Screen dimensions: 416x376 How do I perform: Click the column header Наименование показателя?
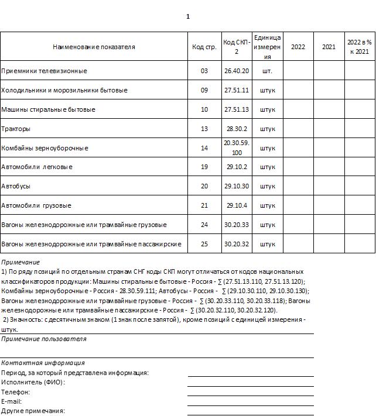pyautogui.click(x=94, y=47)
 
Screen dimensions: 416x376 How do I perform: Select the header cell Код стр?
pyautogui.click(x=204, y=47)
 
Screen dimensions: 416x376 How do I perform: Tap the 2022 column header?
pyautogui.click(x=298, y=47)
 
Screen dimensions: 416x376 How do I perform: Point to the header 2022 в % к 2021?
pyautogui.click(x=359, y=47)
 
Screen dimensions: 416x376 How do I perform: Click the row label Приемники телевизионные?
pyautogui.click(x=45, y=71)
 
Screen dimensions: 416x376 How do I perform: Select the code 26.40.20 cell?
pyautogui.click(x=237, y=71)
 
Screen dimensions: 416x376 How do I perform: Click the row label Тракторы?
pyautogui.click(x=16, y=129)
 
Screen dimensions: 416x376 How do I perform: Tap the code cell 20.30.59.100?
pyautogui.click(x=237, y=148)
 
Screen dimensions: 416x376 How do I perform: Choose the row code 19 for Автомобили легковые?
pyautogui.click(x=204, y=167)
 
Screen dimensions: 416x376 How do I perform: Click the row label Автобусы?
pyautogui.click(x=16, y=187)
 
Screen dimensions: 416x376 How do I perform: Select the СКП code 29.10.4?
pyautogui.click(x=237, y=206)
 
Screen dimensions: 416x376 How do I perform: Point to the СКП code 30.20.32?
pyautogui.click(x=237, y=244)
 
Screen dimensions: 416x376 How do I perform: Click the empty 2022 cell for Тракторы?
pyautogui.click(x=298, y=129)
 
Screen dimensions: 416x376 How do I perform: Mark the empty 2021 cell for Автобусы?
pyautogui.click(x=329, y=187)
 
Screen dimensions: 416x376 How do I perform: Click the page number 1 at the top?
pyautogui.click(x=188, y=16)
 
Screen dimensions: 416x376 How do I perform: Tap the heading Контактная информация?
pyautogui.click(x=43, y=363)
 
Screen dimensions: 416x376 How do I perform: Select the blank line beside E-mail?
pyautogui.click(x=250, y=401)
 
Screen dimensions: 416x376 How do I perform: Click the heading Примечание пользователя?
pyautogui.click(x=44, y=339)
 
